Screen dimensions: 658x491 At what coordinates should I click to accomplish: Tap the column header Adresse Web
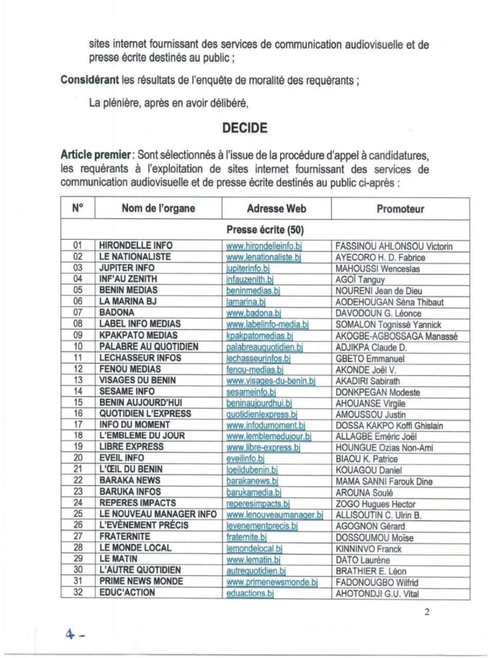[276, 209]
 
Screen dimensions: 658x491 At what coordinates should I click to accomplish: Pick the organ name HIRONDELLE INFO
[136, 245]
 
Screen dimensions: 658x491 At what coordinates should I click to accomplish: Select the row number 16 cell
[78, 414]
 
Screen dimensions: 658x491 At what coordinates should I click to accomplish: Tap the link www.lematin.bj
[253, 560]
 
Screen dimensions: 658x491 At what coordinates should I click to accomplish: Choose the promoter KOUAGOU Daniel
[366, 470]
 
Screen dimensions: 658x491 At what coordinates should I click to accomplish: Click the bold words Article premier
[94, 156]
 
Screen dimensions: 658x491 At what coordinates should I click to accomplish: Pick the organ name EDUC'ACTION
[127, 592]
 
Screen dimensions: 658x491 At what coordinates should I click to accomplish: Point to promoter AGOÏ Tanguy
[361, 280]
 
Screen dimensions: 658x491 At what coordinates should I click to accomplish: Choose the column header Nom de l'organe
[158, 209]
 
